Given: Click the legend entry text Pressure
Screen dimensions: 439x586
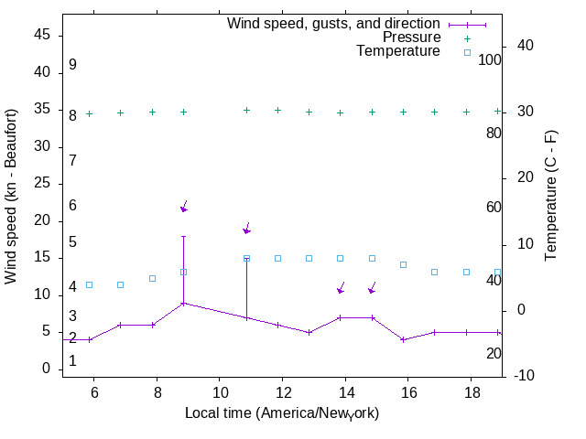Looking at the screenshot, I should pyautogui.click(x=411, y=37).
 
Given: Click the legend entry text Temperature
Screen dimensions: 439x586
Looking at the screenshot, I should pyautogui.click(x=398, y=51).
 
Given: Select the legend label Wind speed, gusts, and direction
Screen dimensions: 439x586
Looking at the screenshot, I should pyautogui.click(x=333, y=24).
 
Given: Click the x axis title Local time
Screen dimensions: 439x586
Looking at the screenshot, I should pyautogui.click(x=281, y=412).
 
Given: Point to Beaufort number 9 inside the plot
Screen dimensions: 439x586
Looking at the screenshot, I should pyautogui.click(x=72, y=65).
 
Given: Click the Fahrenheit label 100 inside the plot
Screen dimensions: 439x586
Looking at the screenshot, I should pyautogui.click(x=490, y=59).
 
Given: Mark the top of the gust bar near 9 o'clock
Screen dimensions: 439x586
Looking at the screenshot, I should pyautogui.click(x=183, y=236).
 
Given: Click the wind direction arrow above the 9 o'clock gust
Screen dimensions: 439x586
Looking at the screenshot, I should pyautogui.click(x=184, y=207).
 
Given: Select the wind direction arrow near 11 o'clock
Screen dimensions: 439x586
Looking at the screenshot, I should pyautogui.click(x=246, y=229).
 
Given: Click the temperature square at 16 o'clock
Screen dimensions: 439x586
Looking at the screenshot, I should pyautogui.click(x=403, y=264).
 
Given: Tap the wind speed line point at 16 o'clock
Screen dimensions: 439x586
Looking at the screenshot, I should pyautogui.click(x=403, y=339).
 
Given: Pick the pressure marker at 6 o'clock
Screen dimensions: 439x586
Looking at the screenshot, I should pyautogui.click(x=89, y=113).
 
